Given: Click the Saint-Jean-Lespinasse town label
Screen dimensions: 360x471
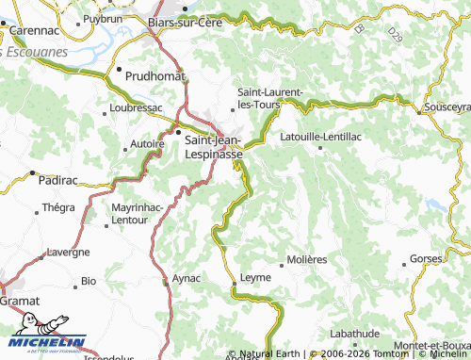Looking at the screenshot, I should point(214,146).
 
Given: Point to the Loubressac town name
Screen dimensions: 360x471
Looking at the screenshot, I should point(137,107).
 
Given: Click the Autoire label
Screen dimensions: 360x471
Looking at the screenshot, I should point(146,146).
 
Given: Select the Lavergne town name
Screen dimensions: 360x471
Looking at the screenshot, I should point(69,252).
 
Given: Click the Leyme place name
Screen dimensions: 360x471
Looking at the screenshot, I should point(255,277).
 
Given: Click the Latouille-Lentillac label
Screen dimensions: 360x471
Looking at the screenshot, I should point(322,136).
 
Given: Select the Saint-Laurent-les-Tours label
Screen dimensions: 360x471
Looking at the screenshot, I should point(270,97).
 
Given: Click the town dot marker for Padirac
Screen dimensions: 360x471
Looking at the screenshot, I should point(33,173).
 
